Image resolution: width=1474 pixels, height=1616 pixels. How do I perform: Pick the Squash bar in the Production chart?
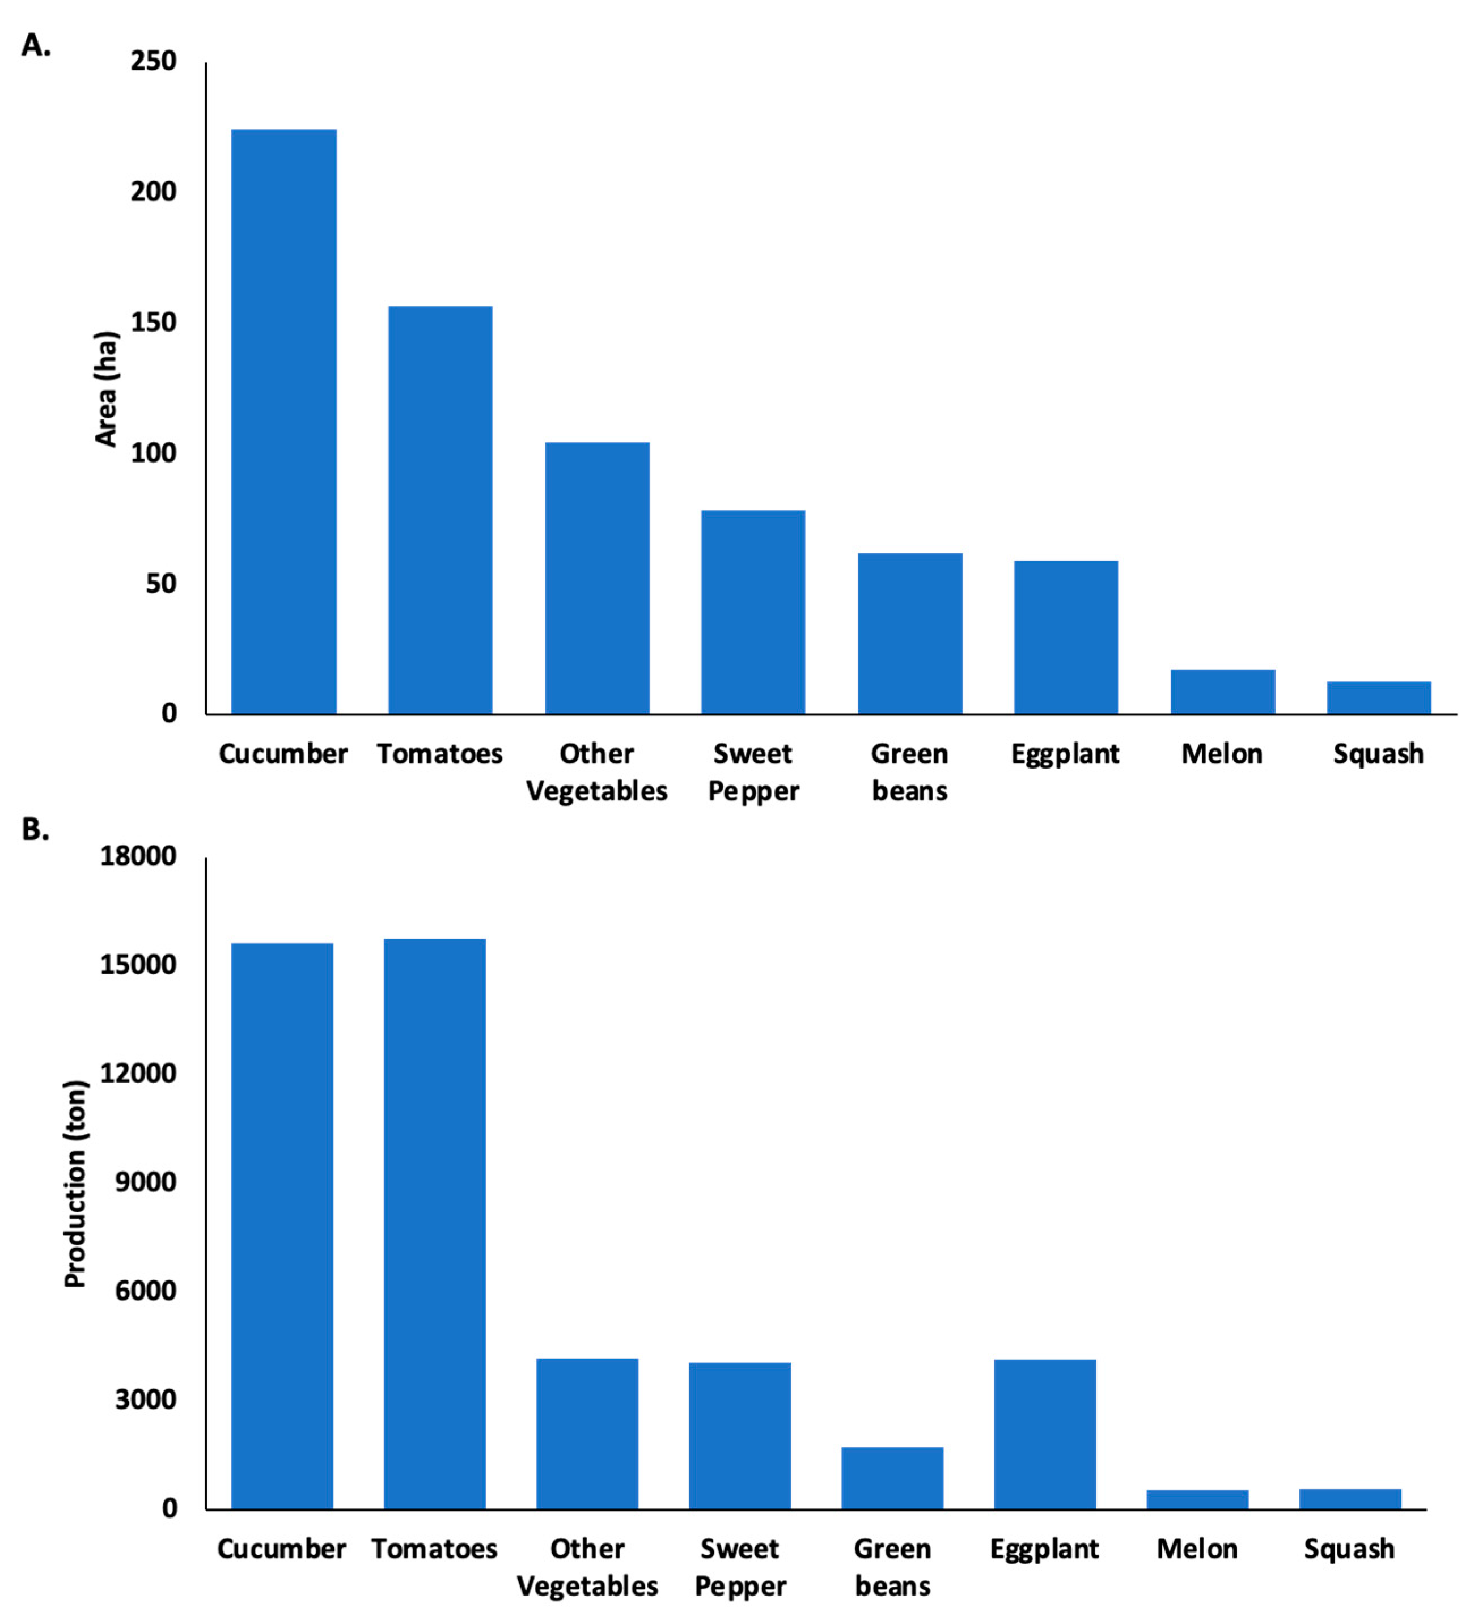pyautogui.click(x=1350, y=1499)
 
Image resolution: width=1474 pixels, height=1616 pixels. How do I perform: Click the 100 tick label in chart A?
pyautogui.click(x=153, y=453)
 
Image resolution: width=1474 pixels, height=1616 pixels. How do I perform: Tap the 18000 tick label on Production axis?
pyautogui.click(x=138, y=856)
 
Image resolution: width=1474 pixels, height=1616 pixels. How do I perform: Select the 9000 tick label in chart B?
pyautogui.click(x=145, y=1182)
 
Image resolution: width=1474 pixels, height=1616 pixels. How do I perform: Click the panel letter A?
pyautogui.click(x=35, y=46)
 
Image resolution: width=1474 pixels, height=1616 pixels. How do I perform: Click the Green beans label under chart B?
pyautogui.click(x=892, y=1567)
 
